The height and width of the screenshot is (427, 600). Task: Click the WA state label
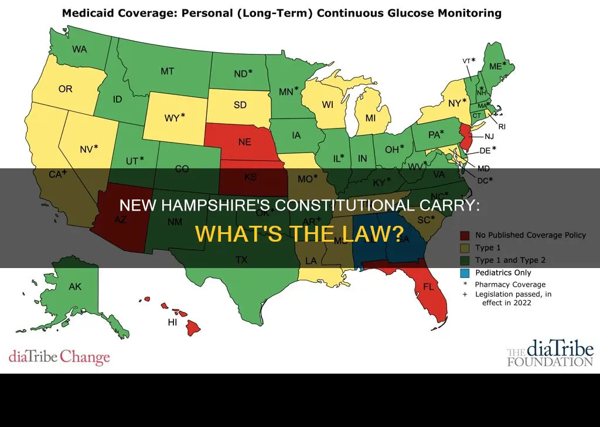click(x=80, y=49)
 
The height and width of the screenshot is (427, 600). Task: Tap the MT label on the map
click(x=168, y=71)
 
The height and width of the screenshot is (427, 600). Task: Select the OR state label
click(x=65, y=90)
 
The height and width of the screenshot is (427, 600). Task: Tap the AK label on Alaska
click(x=75, y=287)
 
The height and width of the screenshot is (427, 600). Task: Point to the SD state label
click(x=240, y=106)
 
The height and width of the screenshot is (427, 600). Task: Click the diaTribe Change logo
click(x=59, y=357)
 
